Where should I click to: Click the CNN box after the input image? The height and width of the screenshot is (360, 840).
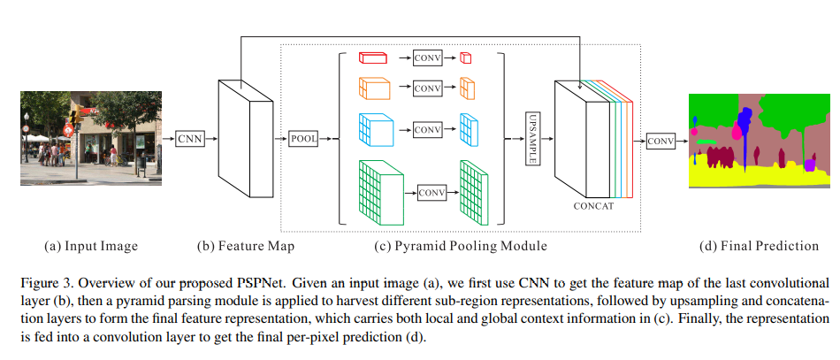coord(189,138)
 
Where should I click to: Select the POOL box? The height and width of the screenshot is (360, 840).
coord(302,138)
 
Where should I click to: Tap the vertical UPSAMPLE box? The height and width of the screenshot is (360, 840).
coord(532,138)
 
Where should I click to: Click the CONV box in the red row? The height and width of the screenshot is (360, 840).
coord(427,58)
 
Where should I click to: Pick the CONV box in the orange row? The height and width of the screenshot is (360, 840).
coord(427,88)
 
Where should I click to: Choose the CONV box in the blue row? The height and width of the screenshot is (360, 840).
coord(427,129)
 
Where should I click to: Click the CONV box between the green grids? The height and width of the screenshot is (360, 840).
coord(432,192)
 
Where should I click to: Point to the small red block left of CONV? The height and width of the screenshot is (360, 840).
coord(373,58)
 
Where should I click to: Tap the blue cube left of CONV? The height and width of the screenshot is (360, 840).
coord(376,129)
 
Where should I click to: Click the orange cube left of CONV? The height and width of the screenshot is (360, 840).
coord(373,88)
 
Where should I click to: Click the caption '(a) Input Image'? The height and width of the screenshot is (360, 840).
coord(92,245)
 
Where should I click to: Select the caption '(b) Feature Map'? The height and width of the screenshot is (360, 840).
coord(246,245)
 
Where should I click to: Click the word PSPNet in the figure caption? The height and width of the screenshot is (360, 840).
coord(215,283)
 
